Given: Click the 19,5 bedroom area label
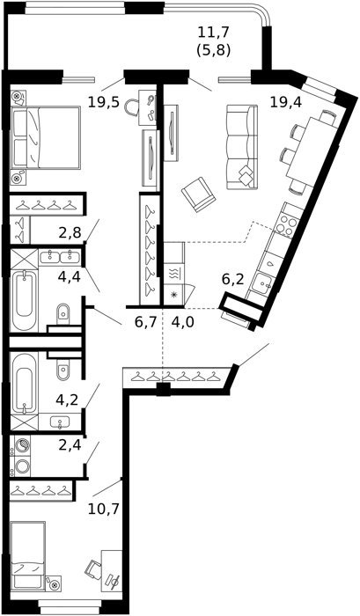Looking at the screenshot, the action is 103,103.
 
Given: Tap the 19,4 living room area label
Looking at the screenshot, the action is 286,103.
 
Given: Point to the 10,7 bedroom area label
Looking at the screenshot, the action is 103,509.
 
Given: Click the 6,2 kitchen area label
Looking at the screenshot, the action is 233,280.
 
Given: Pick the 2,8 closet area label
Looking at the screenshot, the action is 70,233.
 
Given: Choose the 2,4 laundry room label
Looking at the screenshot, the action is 70,446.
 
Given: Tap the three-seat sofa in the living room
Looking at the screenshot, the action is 242,146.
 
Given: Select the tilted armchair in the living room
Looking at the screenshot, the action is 198,194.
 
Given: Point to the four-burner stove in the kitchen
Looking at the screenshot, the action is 287,225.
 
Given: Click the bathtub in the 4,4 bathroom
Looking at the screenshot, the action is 24,300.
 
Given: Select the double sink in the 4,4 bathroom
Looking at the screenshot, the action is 60,257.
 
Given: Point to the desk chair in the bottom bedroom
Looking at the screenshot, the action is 94,569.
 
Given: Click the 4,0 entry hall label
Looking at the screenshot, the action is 183,323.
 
